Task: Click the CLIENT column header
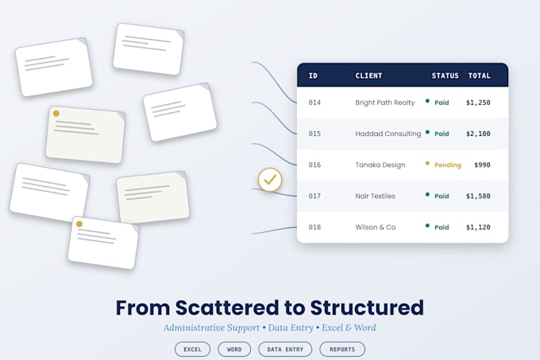pos(368,75)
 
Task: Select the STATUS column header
pos(445,75)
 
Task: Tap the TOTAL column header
pos(479,75)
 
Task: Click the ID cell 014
pos(314,103)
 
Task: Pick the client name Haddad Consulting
pos(388,134)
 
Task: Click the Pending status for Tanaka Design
pos(448,165)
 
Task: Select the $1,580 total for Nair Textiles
pos(478,196)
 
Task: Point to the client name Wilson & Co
pos(376,227)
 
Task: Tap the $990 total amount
pos(482,165)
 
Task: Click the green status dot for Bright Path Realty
pos(427,101)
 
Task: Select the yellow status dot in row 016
pos(427,163)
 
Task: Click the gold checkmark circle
pos(270,180)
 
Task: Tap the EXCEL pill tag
pos(192,350)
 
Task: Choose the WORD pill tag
pos(234,350)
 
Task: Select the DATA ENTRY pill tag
pos(285,350)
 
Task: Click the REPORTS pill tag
pos(342,350)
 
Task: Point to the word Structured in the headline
pos(367,308)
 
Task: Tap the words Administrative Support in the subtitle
pos(211,328)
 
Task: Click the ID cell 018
pos(314,227)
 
